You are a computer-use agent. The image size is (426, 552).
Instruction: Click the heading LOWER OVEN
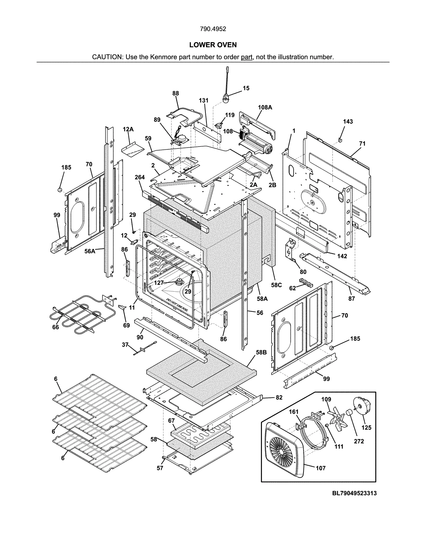tap(213, 45)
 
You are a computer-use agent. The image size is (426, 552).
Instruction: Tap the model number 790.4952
tap(213, 29)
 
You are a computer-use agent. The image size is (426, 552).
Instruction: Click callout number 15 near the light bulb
tap(246, 88)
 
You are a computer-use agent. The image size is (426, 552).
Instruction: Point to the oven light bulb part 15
tap(226, 99)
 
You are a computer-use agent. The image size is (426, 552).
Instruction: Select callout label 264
tap(140, 177)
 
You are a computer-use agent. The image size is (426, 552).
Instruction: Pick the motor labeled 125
tap(362, 407)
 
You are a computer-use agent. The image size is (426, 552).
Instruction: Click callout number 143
tap(348, 122)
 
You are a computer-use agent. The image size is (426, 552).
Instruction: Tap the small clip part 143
tap(340, 139)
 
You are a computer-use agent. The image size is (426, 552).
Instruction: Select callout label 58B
tap(261, 352)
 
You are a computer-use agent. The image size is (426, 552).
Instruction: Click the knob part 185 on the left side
tap(60, 190)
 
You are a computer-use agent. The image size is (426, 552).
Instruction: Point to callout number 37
tap(125, 345)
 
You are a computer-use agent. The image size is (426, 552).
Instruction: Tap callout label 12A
tap(128, 130)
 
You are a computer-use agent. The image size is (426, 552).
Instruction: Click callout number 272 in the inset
tap(359, 441)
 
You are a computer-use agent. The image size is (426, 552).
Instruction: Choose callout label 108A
tap(265, 107)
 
